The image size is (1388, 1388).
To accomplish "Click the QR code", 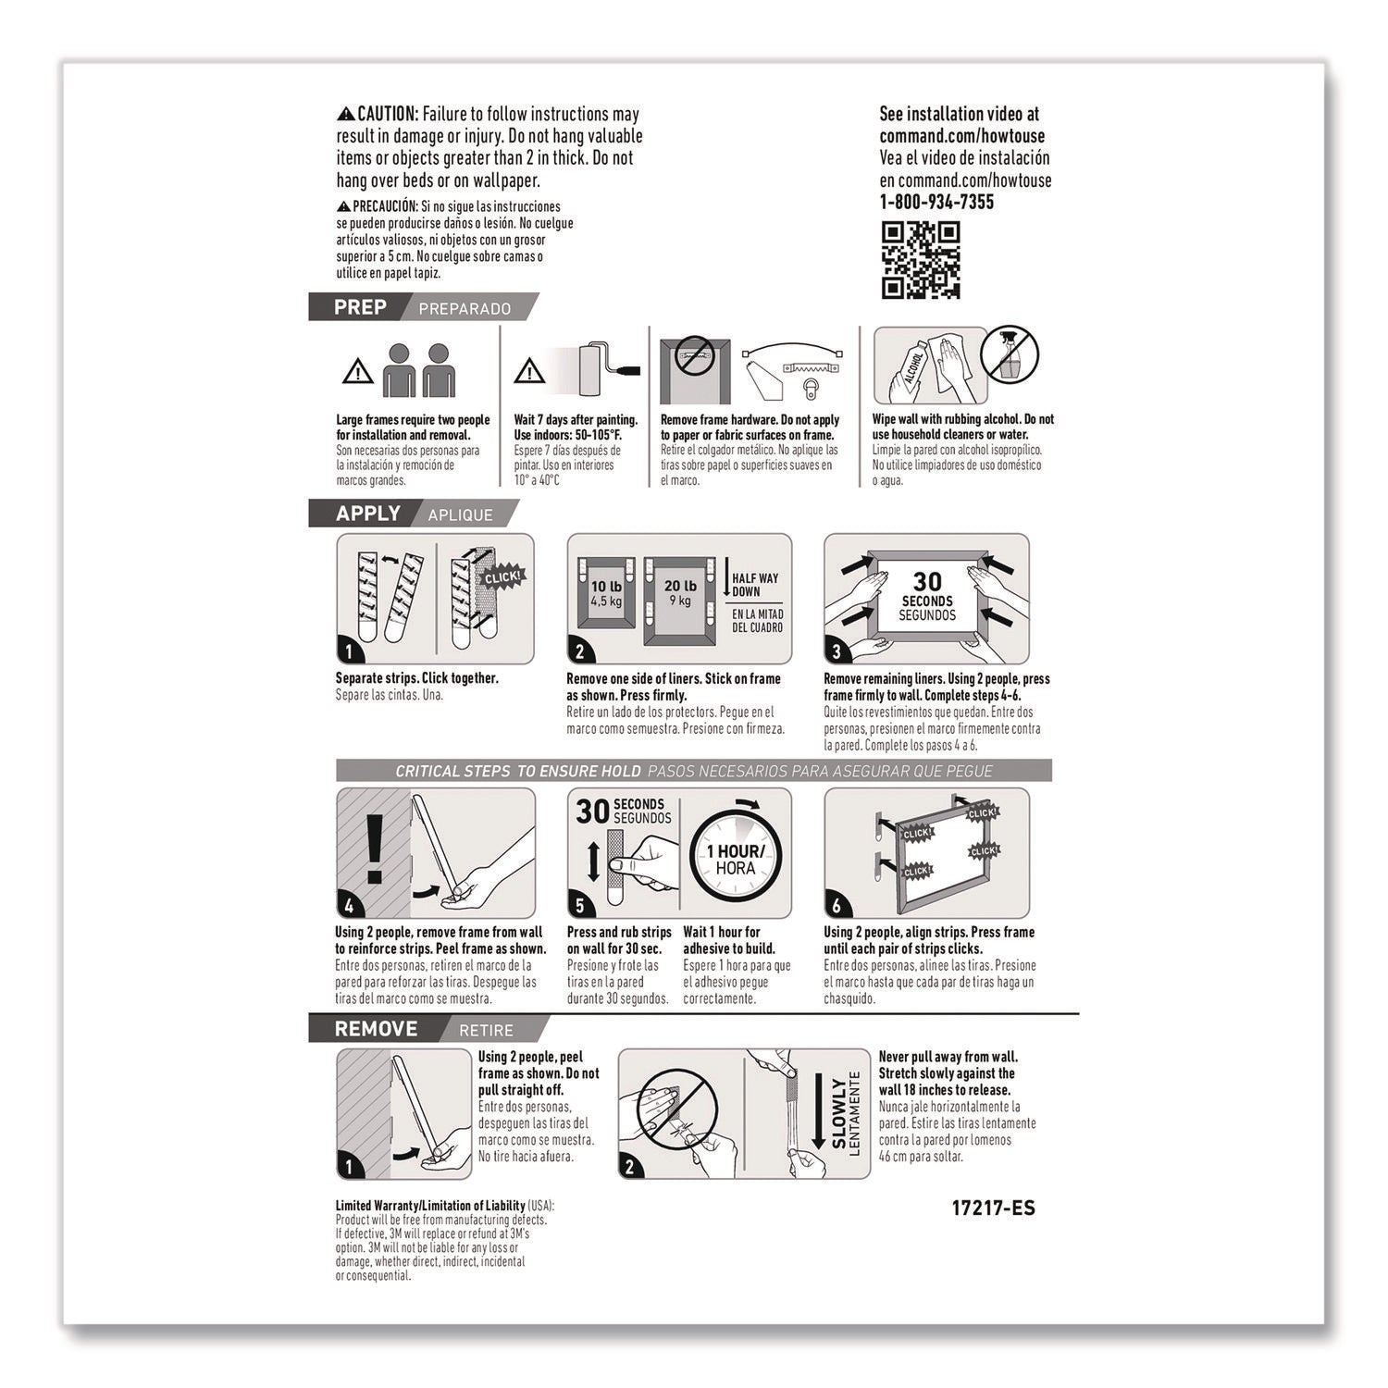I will click(920, 260).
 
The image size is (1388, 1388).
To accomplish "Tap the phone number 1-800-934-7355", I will click(936, 203).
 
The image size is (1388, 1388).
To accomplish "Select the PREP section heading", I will click(360, 307).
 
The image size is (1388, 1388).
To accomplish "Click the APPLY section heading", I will click(367, 514).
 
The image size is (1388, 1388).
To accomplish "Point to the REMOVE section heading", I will click(376, 1029).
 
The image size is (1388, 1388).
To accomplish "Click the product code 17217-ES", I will click(993, 1208).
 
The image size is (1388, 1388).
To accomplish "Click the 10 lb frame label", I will click(606, 591).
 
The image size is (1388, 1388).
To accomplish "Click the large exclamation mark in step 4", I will click(374, 850).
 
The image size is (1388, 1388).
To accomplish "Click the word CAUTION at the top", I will click(388, 115).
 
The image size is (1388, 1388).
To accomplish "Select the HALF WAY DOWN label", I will click(755, 585).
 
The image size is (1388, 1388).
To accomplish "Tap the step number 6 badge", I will click(837, 906).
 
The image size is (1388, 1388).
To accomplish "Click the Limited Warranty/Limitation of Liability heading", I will click(429, 1206).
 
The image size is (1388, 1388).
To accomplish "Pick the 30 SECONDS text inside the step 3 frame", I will click(926, 590).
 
